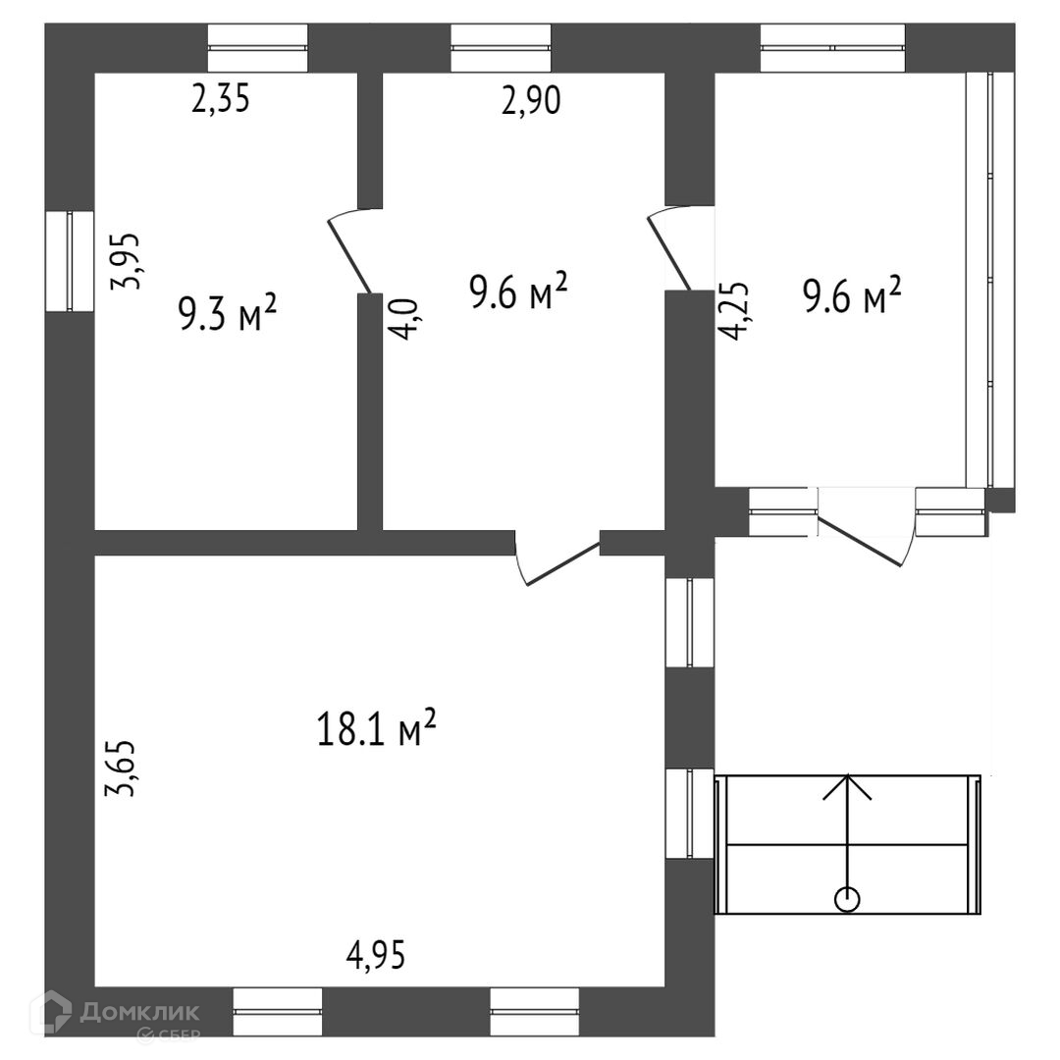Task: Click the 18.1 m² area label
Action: [x=376, y=728]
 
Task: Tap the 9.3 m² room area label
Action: [x=227, y=313]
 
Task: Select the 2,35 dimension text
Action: [x=222, y=100]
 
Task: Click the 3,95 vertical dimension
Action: [x=128, y=260]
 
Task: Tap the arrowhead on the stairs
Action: [x=846, y=785]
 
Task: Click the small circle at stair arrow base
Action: [x=846, y=897]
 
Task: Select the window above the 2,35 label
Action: [x=259, y=47]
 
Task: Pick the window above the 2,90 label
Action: [x=501, y=47]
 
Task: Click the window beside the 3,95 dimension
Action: [x=70, y=261]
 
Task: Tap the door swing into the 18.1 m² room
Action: [x=555, y=558]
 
